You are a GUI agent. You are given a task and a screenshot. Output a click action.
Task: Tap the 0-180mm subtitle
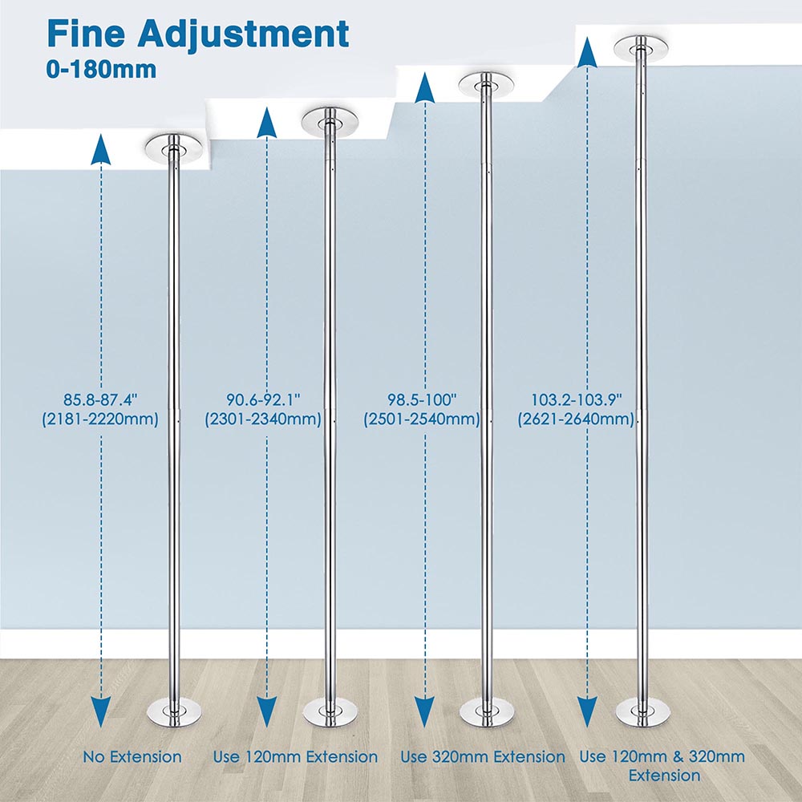click(101, 70)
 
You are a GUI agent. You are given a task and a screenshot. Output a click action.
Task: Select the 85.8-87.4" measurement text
click(101, 399)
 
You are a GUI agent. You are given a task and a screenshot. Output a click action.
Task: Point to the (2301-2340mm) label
click(263, 419)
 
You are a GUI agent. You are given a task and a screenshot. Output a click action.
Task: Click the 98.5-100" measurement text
click(422, 399)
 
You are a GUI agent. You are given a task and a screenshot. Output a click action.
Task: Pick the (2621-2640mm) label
click(576, 419)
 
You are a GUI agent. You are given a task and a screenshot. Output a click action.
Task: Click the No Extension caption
click(132, 757)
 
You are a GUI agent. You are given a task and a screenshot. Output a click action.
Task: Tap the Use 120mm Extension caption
click(295, 757)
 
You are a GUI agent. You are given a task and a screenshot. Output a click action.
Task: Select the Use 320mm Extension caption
click(482, 757)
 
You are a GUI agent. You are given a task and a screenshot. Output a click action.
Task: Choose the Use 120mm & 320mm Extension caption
click(663, 766)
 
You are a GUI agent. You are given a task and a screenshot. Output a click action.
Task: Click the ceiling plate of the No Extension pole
click(174, 148)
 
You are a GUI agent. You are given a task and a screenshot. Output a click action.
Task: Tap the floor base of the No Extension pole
click(174, 712)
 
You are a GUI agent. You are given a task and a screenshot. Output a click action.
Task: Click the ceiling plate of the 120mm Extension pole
click(330, 123)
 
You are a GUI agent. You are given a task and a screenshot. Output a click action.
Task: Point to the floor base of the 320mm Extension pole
click(487, 712)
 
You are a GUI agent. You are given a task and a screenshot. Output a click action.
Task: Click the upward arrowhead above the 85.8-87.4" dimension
click(101, 149)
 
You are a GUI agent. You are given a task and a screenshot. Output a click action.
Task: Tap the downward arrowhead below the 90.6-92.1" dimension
click(266, 712)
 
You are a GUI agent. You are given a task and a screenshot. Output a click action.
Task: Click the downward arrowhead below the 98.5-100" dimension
click(425, 712)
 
